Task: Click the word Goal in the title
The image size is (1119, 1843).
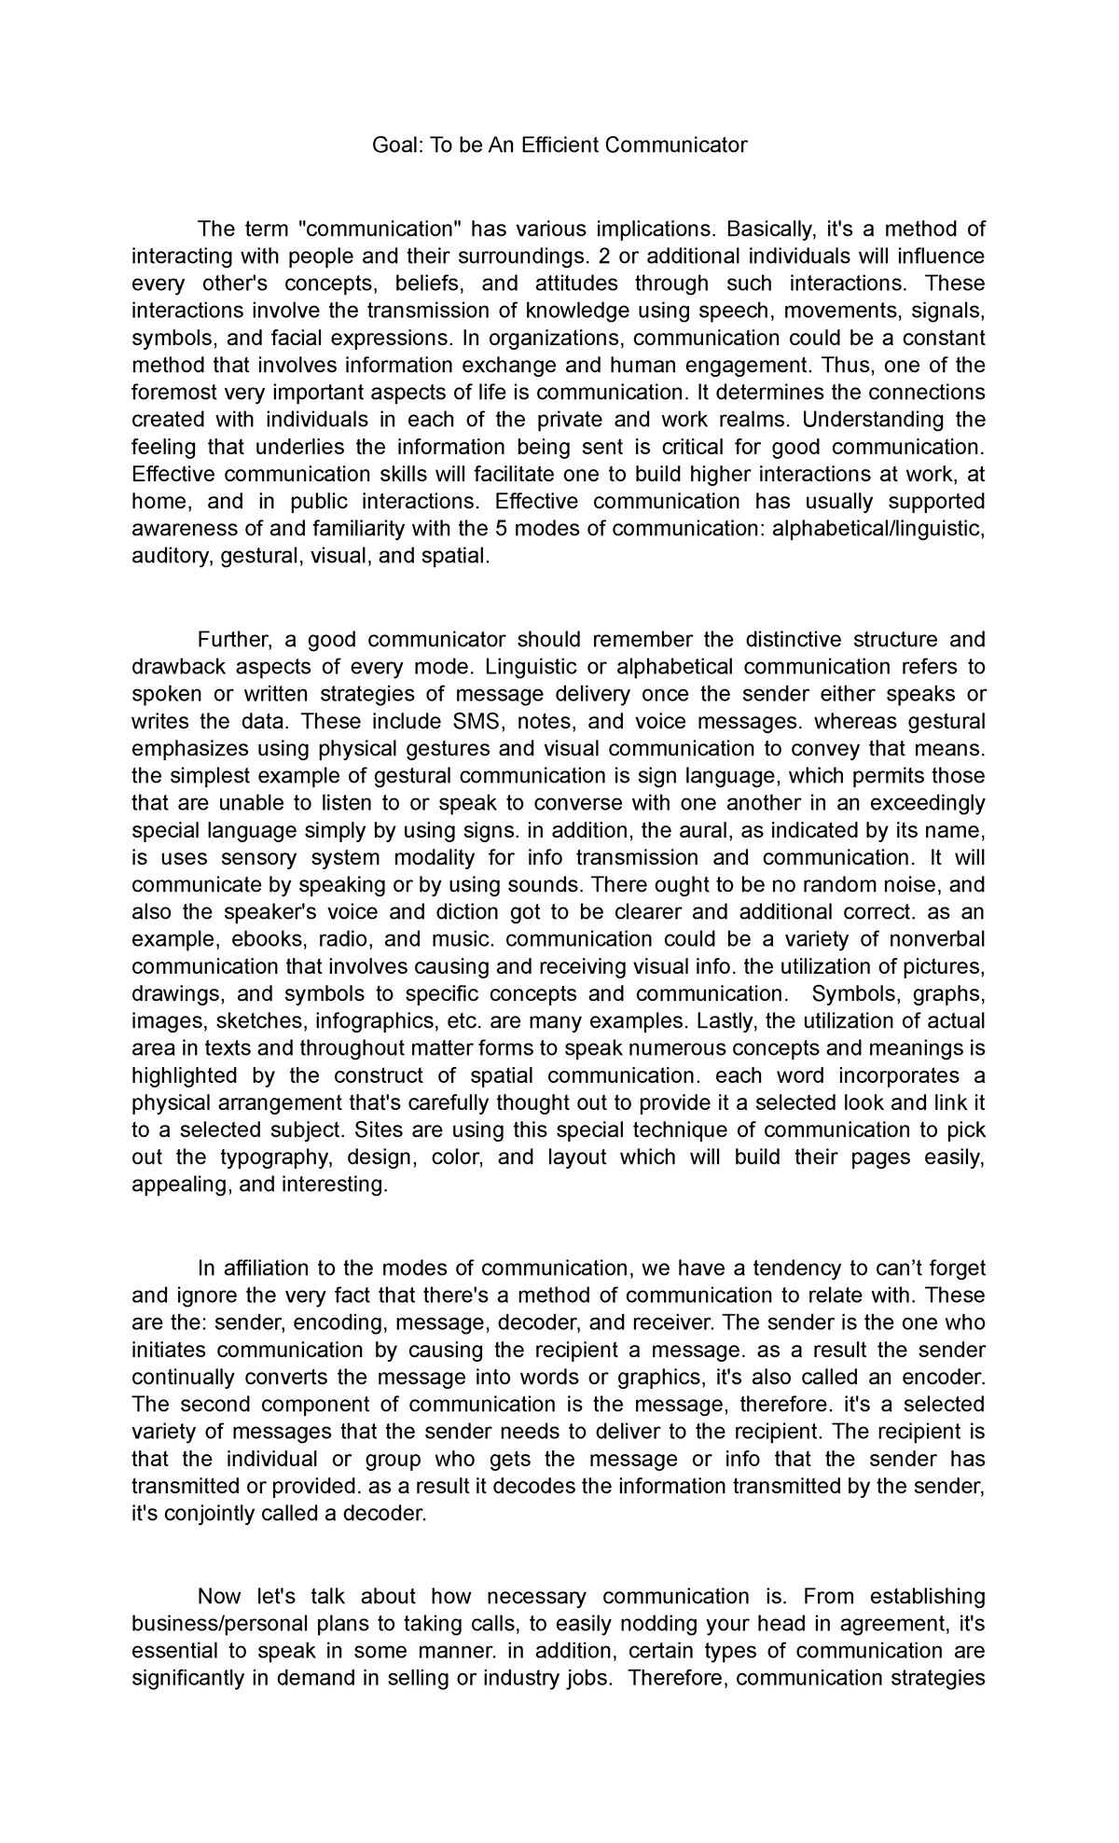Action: point(394,145)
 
